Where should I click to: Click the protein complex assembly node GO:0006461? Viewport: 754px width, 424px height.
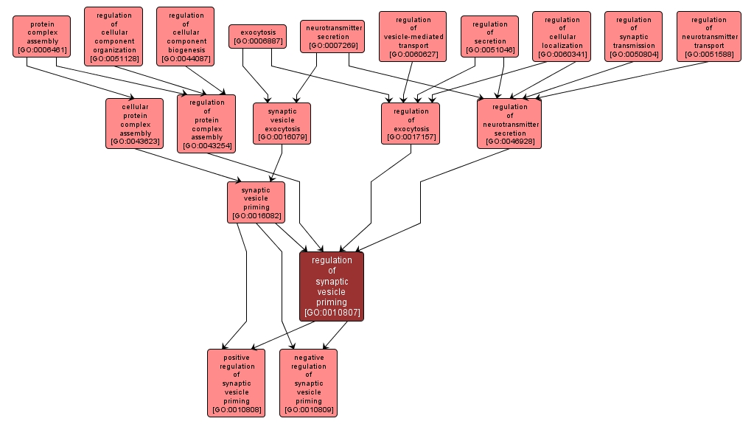pos(41,37)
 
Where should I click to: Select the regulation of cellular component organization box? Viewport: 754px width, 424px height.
pos(114,37)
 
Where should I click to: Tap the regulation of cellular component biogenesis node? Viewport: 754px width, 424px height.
pos(186,37)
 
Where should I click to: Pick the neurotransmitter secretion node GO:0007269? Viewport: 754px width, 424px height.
pos(332,36)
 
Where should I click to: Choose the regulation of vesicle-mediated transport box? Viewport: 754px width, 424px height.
pos(413,37)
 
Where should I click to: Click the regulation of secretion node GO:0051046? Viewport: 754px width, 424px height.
pos(490,37)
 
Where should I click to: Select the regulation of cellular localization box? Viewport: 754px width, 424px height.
pos(562,37)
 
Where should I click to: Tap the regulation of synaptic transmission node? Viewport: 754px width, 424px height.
pos(634,37)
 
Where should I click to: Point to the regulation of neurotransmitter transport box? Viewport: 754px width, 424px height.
pos(708,37)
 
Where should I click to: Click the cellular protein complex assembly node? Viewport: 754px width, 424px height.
pos(135,123)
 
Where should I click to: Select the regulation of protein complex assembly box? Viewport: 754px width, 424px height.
pos(206,124)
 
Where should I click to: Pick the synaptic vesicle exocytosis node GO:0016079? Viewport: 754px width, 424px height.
pos(282,123)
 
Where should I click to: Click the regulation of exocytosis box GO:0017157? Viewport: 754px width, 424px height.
pos(411,123)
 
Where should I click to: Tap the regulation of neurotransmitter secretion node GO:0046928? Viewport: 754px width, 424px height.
pos(509,123)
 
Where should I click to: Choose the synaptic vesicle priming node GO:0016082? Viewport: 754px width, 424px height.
pos(256,202)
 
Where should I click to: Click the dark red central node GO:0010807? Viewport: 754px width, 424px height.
pos(332,286)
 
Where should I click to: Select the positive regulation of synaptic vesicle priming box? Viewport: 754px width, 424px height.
pos(236,383)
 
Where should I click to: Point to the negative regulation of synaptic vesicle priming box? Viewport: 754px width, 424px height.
pos(308,383)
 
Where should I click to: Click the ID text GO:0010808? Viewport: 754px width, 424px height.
pos(236,409)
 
